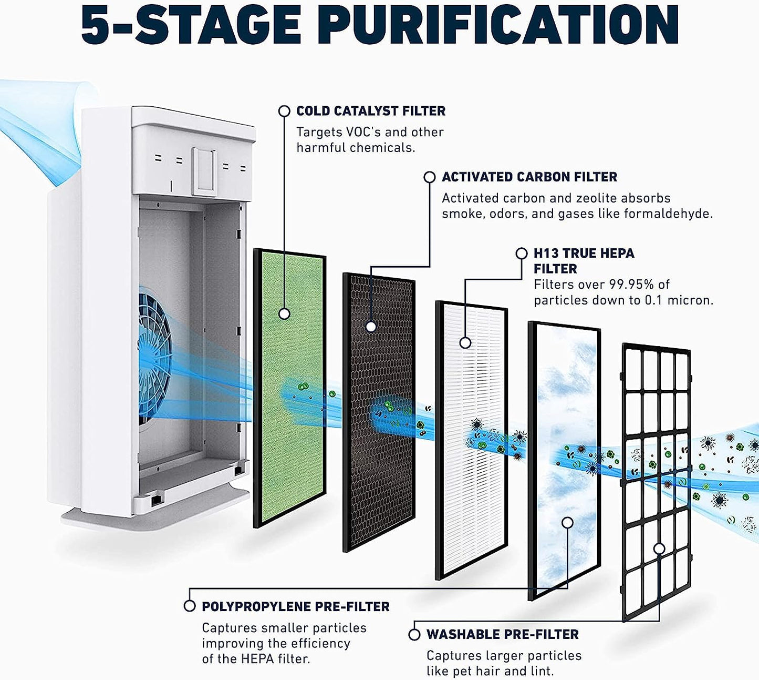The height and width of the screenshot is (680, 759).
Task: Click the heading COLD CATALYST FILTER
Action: [370, 111]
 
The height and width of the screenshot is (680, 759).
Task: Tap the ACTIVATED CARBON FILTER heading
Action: [529, 177]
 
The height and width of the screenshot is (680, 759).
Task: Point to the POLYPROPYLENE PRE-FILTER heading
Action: [295, 606]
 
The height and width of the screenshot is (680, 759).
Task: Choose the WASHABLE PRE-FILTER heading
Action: [502, 634]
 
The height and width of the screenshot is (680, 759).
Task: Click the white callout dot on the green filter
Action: [284, 314]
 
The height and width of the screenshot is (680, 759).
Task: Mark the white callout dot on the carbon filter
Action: [371, 327]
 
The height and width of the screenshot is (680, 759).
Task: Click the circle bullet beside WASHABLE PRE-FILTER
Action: [414, 634]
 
